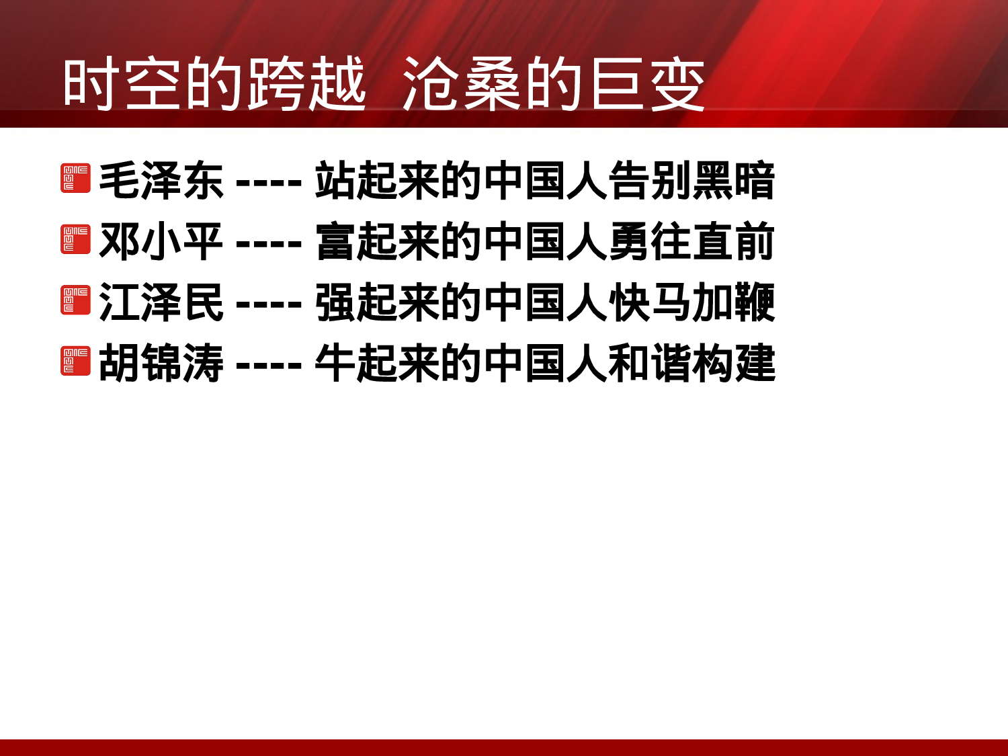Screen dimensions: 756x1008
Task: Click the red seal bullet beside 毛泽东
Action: point(75,178)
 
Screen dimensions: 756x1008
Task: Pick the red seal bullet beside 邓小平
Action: point(75,239)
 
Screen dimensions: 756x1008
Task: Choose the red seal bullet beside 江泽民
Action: point(75,300)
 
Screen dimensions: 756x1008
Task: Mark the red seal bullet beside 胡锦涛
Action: point(75,361)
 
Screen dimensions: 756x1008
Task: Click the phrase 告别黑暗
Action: point(691,180)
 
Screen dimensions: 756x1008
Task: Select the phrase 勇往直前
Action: point(691,241)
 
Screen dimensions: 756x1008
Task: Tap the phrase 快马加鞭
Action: point(691,302)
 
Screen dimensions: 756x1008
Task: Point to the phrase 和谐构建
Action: point(691,363)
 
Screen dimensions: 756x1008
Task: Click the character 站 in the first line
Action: point(335,180)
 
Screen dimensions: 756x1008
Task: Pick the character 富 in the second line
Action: point(335,241)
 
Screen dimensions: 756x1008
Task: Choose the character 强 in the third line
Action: point(335,302)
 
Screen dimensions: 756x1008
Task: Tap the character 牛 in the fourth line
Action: point(335,363)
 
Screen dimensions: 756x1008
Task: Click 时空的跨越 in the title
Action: point(214,84)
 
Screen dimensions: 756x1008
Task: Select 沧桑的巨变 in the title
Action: point(554,84)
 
